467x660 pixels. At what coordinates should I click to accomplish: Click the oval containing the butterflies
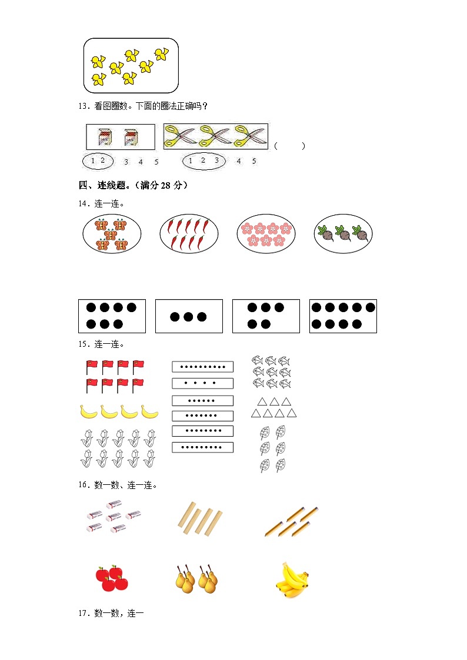click(x=112, y=233)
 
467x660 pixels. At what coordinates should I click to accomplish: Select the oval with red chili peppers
click(x=189, y=233)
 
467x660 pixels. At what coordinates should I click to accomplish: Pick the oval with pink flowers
click(x=266, y=233)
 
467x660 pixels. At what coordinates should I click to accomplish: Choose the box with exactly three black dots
click(x=189, y=316)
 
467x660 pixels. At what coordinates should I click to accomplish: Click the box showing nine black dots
click(x=343, y=316)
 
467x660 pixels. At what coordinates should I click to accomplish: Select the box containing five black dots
click(x=266, y=316)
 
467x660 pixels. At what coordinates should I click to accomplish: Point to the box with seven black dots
click(x=112, y=316)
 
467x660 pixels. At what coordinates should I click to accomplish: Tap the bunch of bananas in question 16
click(x=292, y=580)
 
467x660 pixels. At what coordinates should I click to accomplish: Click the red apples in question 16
click(x=112, y=578)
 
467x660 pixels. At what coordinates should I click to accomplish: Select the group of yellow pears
click(x=196, y=578)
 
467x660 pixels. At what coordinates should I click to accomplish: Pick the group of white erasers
click(x=113, y=517)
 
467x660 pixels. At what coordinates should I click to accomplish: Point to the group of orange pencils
click(x=292, y=521)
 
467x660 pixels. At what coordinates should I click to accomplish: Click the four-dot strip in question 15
click(x=202, y=383)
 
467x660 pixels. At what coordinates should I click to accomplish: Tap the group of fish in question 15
click(x=271, y=372)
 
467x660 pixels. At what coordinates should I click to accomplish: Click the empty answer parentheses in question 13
click(x=289, y=146)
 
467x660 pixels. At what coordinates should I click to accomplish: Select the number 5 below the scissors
click(x=254, y=160)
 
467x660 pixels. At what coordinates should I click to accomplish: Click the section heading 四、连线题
click(x=133, y=186)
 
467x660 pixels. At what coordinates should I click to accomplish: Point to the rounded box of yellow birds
click(x=131, y=65)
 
